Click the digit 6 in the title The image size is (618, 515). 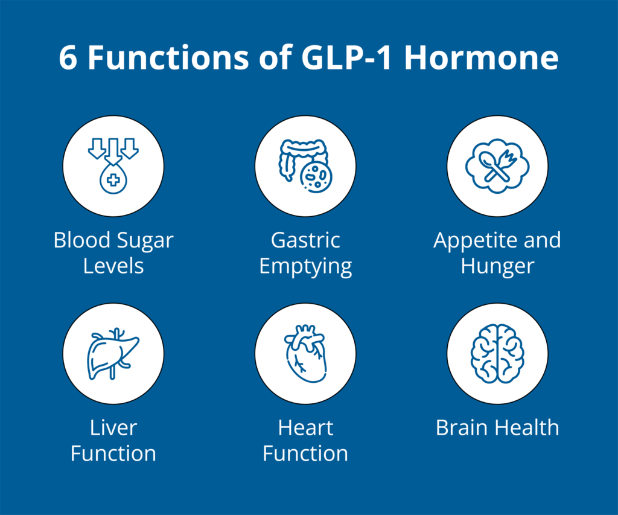pos(68,57)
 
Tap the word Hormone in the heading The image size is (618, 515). pos(481,57)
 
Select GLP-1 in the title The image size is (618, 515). pos(346,57)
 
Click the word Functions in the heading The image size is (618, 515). pos(168,57)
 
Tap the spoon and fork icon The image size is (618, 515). pos(497,166)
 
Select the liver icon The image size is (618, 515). pos(113,354)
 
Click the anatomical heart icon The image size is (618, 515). pos(305,354)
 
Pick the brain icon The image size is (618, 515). pos(497,354)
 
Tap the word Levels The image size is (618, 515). pos(113,266)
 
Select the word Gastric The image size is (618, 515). pos(305,240)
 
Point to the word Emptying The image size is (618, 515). pos(305,267)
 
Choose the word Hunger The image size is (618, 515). pos(497,267)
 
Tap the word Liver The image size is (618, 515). pos(113,427)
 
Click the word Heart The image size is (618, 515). pos(305,427)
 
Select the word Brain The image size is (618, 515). pos(462,427)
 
